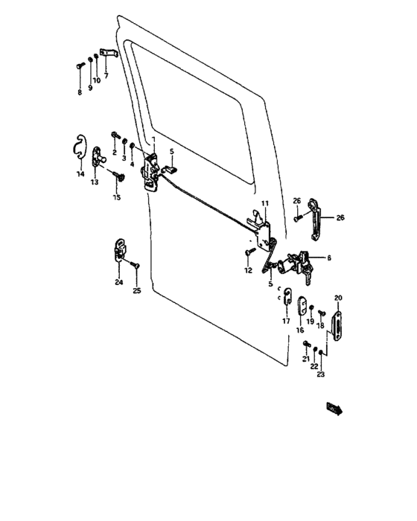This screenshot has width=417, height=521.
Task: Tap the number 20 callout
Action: (337, 298)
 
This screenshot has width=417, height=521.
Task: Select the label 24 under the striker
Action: (118, 281)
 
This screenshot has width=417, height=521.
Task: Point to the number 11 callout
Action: (264, 203)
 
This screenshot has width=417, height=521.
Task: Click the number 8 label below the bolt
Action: (80, 93)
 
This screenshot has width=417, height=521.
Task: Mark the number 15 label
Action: (116, 197)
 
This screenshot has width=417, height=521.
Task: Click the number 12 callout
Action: (249, 271)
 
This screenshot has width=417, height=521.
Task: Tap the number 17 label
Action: (285, 321)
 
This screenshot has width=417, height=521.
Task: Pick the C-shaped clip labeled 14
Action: (81, 146)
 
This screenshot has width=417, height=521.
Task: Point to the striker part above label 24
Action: (119, 251)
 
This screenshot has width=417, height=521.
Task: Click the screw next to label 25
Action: (136, 265)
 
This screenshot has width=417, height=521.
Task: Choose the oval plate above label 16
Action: (302, 304)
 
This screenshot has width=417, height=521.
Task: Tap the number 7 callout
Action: (106, 75)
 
